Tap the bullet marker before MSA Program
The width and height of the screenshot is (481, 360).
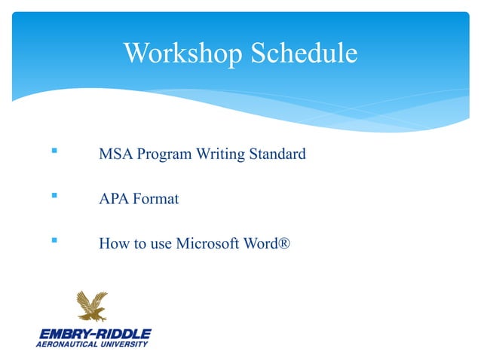pos(53,153)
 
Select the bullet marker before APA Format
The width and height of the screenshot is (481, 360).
pos(53,199)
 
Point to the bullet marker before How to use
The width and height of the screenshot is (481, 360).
pos(53,243)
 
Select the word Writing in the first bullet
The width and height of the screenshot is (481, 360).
pos(220,156)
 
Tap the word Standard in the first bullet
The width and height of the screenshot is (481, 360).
pos(277,155)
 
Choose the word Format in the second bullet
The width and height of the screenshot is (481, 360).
pos(156,200)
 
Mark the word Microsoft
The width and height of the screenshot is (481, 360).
pos(207,245)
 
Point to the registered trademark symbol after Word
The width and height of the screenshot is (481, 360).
pos(283,245)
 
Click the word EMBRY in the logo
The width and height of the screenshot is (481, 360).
pos(61,333)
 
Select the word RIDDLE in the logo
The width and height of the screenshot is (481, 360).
pos(121,333)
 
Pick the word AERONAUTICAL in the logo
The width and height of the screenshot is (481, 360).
pos(66,344)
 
